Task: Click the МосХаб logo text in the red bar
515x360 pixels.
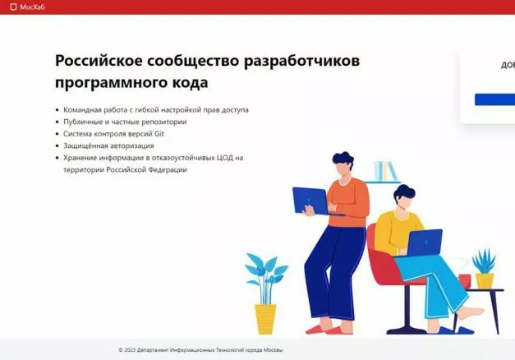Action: click(x=32, y=7)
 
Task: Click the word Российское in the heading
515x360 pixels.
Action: click(x=99, y=61)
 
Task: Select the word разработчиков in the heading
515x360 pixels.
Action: click(x=301, y=61)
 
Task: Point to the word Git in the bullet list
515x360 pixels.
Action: click(x=159, y=134)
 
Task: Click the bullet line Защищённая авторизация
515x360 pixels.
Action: click(x=108, y=145)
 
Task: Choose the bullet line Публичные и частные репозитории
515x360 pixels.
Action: click(x=125, y=122)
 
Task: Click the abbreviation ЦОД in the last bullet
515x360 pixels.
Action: click(x=225, y=158)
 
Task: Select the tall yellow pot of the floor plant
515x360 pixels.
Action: click(x=265, y=319)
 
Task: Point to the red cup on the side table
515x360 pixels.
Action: click(x=464, y=281)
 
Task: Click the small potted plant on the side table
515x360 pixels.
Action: click(x=485, y=269)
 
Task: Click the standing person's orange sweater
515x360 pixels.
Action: click(x=349, y=202)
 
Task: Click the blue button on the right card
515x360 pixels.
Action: click(x=494, y=99)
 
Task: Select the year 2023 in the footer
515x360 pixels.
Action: click(x=130, y=350)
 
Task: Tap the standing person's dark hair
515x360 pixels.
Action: click(x=343, y=159)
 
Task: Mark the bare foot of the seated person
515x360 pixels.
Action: click(x=471, y=312)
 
